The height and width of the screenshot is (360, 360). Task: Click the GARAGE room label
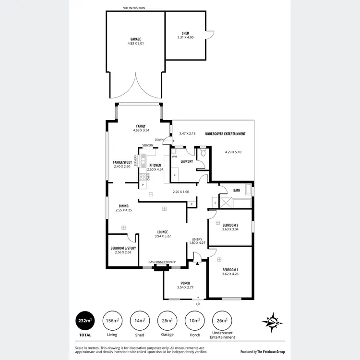tap(135, 38)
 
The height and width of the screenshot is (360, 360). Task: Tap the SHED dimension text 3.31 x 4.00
tap(185, 37)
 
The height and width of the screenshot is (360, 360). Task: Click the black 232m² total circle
tap(85, 320)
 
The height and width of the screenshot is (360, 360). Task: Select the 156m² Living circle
tap(111, 320)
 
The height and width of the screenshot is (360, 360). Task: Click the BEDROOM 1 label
tap(230, 270)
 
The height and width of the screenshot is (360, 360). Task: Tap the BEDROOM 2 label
tap(230, 225)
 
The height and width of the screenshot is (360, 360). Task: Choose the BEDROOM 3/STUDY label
tap(123, 248)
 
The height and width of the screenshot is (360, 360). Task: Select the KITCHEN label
tap(155, 165)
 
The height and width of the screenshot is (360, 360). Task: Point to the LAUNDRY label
tap(187, 161)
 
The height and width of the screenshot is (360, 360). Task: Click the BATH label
tap(237, 190)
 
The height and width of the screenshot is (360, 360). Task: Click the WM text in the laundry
tap(174, 157)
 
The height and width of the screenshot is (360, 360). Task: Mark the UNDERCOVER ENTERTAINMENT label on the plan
tap(226, 133)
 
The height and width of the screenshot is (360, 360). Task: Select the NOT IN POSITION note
tap(133, 8)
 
